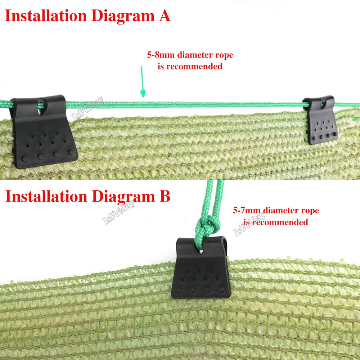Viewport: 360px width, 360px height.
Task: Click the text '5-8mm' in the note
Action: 158,55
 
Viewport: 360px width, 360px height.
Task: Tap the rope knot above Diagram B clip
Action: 205,226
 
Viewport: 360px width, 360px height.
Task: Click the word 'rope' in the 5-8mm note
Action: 224,55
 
